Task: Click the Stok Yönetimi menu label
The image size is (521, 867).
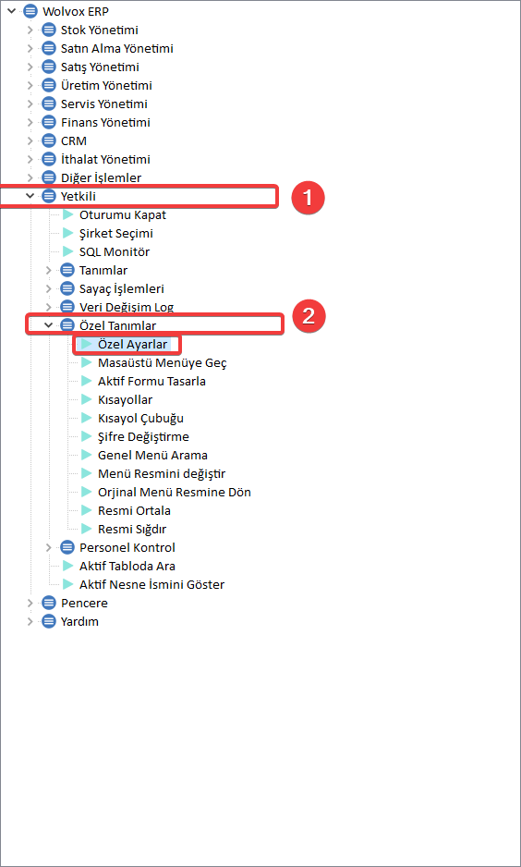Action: pyautogui.click(x=100, y=30)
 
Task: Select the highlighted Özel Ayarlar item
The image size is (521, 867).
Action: pyautogui.click(x=132, y=345)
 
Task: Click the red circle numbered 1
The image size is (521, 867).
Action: pyautogui.click(x=308, y=198)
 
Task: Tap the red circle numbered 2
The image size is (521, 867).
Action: pyautogui.click(x=309, y=317)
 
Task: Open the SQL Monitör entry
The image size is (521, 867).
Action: pyautogui.click(x=115, y=252)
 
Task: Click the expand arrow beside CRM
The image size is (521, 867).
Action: pyautogui.click(x=30, y=141)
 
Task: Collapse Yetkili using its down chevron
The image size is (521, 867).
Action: pyautogui.click(x=30, y=196)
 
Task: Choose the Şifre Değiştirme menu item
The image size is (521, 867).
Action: pyautogui.click(x=143, y=437)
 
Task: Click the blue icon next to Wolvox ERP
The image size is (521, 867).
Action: pyautogui.click(x=30, y=12)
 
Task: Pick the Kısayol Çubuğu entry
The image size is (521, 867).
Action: pyautogui.click(x=140, y=419)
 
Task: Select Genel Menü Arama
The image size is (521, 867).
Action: pyautogui.click(x=152, y=456)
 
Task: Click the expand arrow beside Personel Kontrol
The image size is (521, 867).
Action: pyautogui.click(x=49, y=548)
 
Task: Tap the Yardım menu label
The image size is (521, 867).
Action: pyautogui.click(x=79, y=621)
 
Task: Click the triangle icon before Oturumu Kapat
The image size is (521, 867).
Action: pyautogui.click(x=67, y=215)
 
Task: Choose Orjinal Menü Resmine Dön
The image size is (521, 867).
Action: pyautogui.click(x=174, y=492)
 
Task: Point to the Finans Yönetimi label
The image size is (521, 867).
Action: pyautogui.click(x=105, y=122)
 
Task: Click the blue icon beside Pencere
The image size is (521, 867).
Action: pyautogui.click(x=49, y=604)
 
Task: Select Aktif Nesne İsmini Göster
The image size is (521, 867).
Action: pyautogui.click(x=151, y=584)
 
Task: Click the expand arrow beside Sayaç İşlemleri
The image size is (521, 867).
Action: pyautogui.click(x=49, y=288)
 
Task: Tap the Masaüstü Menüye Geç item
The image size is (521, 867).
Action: pyautogui.click(x=162, y=363)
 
